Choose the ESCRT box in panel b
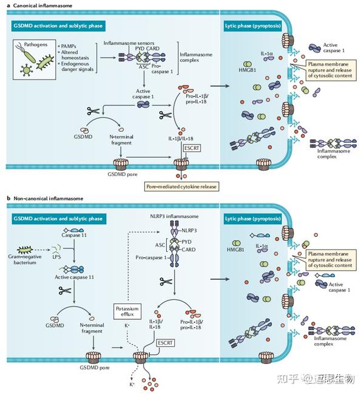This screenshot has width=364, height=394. (x=164, y=343)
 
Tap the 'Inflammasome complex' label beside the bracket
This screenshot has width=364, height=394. (x=196, y=57)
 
